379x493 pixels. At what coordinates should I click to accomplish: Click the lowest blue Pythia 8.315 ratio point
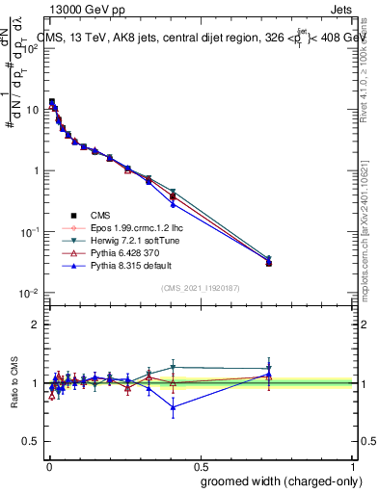(173, 407)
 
